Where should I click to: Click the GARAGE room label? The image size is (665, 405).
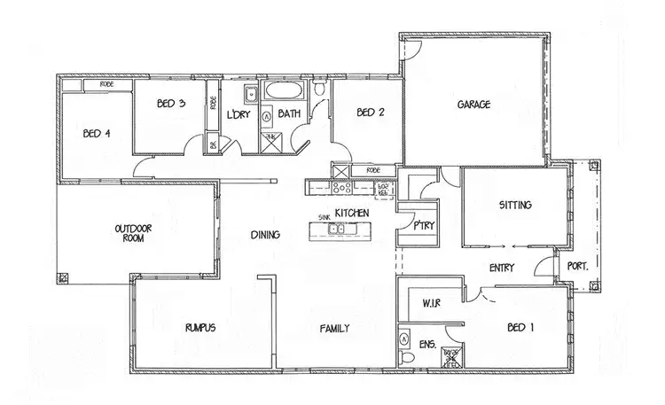[474, 105]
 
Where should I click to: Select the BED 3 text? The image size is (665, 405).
[170, 105]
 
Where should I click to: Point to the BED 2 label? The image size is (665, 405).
[369, 113]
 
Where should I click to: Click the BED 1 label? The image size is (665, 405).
[514, 328]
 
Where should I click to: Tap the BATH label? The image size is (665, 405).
[289, 114]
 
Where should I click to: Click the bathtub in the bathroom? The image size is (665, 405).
[282, 91]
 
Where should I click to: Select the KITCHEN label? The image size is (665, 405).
[353, 213]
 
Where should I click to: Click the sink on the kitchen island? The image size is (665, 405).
[337, 230]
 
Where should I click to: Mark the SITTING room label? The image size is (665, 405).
[515, 206]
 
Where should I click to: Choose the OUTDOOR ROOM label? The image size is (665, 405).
[135, 233]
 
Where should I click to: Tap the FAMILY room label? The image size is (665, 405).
[334, 329]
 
